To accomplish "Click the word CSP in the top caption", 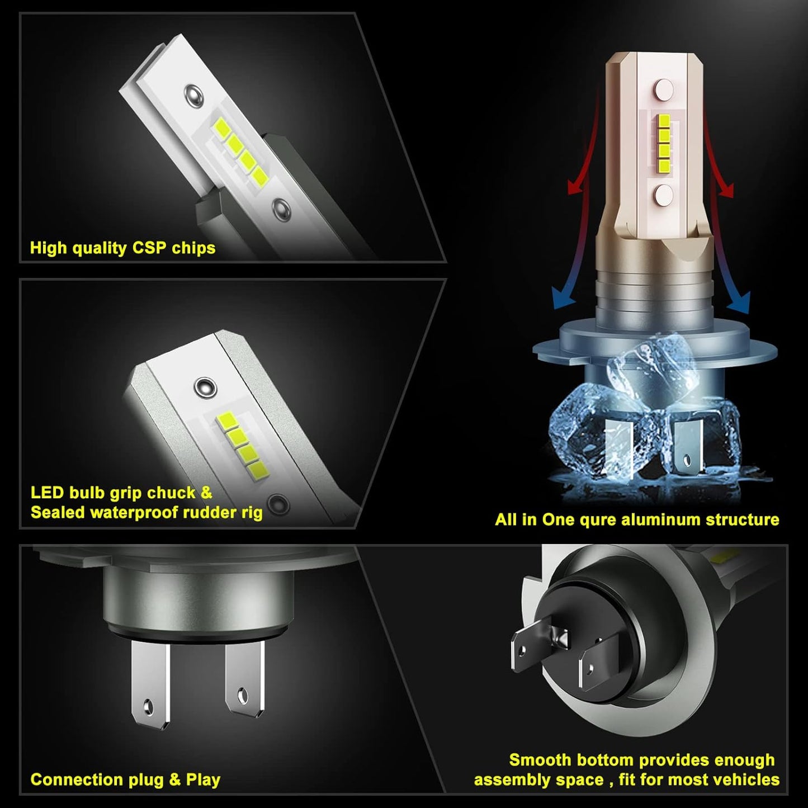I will coord(150,248).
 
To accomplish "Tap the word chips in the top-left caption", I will coord(193,248).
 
